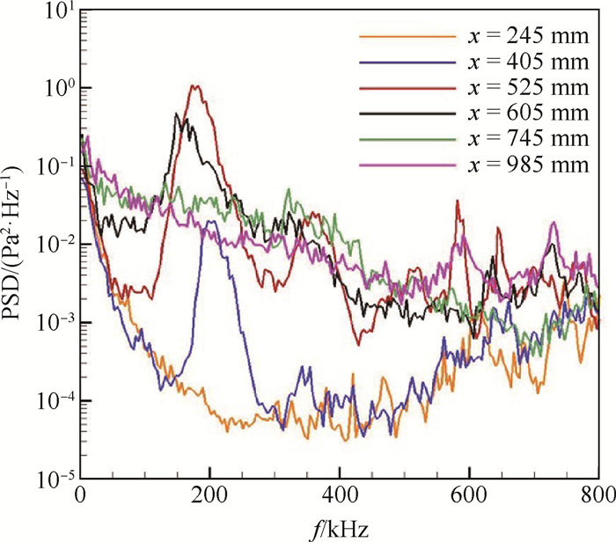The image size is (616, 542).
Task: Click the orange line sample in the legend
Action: [401, 37]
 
